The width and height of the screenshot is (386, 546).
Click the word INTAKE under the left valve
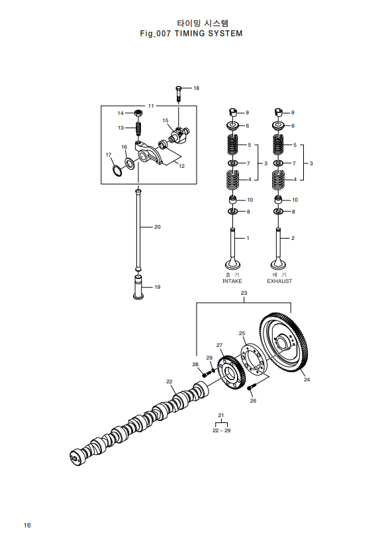tap(232, 281)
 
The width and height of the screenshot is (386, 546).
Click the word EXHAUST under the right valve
tap(279, 281)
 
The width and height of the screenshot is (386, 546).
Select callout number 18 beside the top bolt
tap(196, 88)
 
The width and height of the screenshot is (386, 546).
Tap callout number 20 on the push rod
tap(158, 227)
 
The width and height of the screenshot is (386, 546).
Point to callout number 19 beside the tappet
tap(158, 288)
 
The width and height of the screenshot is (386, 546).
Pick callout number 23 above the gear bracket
tap(244, 293)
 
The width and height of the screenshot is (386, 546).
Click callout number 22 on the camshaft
tap(169, 381)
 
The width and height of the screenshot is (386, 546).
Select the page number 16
tap(27, 526)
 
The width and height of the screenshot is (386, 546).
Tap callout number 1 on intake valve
tap(248, 237)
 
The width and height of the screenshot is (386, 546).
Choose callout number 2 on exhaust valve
tap(293, 237)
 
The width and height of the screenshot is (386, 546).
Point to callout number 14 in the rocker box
tap(121, 113)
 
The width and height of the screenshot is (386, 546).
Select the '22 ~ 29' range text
tap(222, 430)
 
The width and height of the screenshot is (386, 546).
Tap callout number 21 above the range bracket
tap(222, 415)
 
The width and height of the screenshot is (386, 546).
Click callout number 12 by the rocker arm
tap(181, 166)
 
